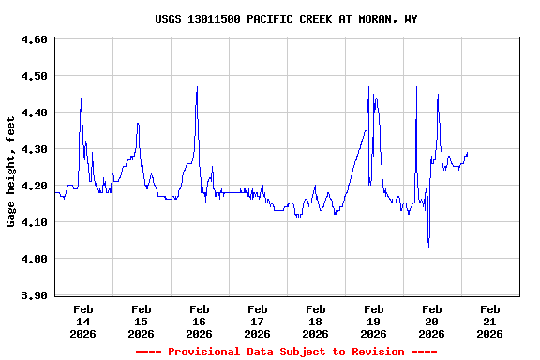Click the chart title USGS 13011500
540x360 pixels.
286,19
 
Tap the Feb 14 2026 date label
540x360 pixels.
82,321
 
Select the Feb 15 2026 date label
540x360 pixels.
141,321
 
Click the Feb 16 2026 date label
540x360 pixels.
199,321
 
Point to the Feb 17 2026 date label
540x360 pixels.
257,321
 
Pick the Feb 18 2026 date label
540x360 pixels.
315,321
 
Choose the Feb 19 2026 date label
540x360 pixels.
373,321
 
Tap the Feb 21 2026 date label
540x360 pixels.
489,321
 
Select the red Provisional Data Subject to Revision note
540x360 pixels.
286,352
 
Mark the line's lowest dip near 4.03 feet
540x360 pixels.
428,247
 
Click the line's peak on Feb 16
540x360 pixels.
197,87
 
